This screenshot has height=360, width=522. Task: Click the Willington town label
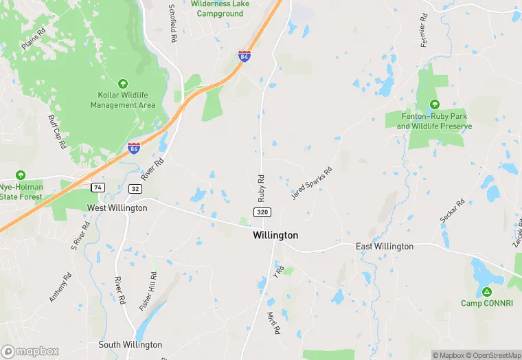[275, 235]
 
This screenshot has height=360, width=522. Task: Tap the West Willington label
[117, 207]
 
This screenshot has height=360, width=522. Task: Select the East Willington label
[384, 246]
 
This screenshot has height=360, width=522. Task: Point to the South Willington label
[130, 345]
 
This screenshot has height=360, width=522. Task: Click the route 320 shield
[262, 213]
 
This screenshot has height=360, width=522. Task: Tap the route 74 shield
[98, 187]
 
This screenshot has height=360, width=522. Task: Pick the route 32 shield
[135, 188]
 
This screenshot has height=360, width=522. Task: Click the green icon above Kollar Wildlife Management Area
[122, 82]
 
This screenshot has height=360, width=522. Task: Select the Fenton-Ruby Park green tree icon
[434, 104]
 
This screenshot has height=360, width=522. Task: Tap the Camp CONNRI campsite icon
[486, 291]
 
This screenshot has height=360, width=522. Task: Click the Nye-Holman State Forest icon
[21, 175]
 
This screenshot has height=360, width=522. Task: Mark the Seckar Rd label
[453, 210]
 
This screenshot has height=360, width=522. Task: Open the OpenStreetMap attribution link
[493, 355]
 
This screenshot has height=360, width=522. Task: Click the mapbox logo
[30, 351]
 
